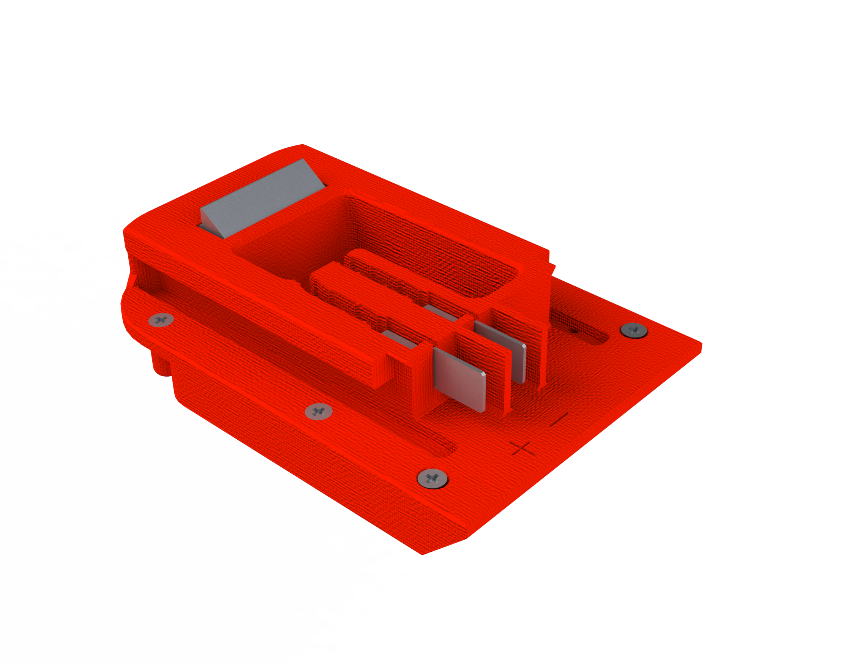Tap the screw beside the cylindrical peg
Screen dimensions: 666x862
[x=161, y=320]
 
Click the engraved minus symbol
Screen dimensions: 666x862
[x=559, y=420]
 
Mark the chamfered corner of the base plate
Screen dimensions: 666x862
[x=444, y=546]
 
